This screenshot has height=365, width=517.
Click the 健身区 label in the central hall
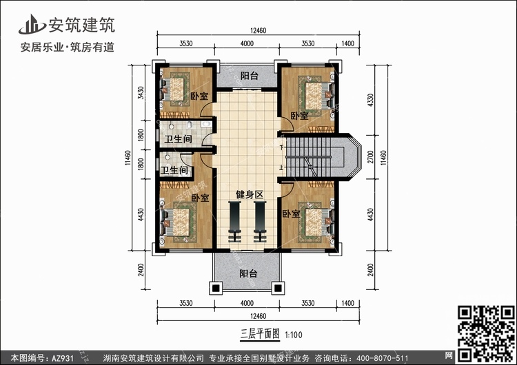[x=250, y=195]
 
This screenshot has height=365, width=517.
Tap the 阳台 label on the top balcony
[x=249, y=76]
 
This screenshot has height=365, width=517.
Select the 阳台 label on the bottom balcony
[x=248, y=273]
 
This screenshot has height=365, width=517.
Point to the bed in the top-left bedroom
[x=174, y=90]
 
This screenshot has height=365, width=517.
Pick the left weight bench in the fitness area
[x=234, y=222]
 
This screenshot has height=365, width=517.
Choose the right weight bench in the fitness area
[x=260, y=222]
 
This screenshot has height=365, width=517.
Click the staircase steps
[x=308, y=157]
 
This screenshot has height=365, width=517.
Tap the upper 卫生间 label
[x=178, y=139]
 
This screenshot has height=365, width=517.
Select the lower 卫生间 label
[x=174, y=170]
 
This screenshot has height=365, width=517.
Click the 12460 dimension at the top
[x=258, y=30]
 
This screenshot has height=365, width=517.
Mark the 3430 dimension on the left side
[x=141, y=92]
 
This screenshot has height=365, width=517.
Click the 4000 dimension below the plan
[x=247, y=303]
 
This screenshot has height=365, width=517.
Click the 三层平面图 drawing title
[x=260, y=335]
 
